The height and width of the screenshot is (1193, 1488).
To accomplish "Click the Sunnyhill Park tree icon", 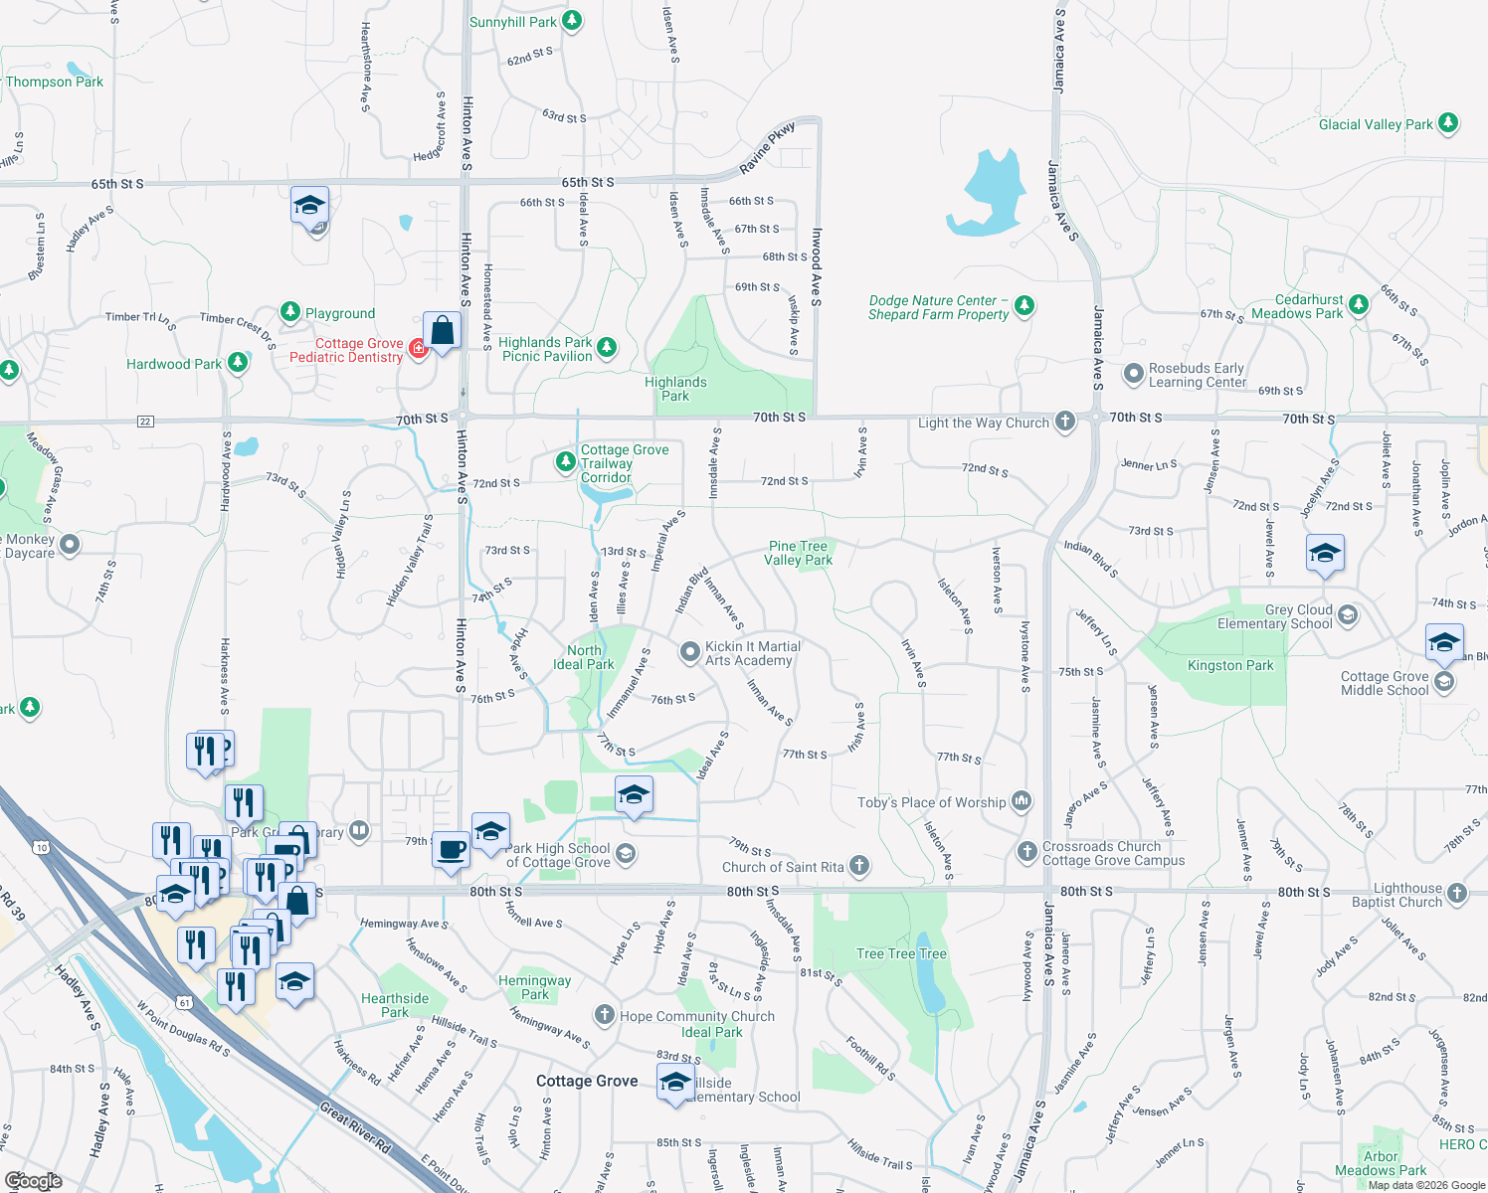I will coord(571,21).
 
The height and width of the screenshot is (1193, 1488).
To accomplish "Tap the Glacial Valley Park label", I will coord(1376,124).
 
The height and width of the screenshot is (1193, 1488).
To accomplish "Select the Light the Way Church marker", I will coord(1064,422).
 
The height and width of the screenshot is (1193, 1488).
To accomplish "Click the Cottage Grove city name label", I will coord(587,1081).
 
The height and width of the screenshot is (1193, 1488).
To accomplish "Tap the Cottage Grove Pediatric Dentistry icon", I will coord(419,348).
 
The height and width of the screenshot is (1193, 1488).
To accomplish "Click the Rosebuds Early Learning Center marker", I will coord(1133,374).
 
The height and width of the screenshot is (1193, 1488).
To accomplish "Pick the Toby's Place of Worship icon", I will coord(1021,800).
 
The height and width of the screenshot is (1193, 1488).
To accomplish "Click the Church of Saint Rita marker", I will coord(859,866).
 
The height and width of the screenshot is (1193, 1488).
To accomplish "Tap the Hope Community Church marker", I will coord(604,1015).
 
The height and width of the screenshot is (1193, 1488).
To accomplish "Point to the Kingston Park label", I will coord(1230,665).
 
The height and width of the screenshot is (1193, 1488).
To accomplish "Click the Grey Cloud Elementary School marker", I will coord(1348,615).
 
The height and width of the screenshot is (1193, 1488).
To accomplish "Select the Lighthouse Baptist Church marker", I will coord(1457,893).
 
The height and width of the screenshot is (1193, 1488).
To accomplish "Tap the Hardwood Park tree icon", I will coord(237,362).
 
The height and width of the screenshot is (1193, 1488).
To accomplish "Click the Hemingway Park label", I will coord(535,987).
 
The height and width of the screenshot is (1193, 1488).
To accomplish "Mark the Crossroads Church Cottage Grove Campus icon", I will coord(1027,852).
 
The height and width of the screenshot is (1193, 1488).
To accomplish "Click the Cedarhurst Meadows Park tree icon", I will coord(1359,304).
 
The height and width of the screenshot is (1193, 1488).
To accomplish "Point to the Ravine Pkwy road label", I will coord(768,149).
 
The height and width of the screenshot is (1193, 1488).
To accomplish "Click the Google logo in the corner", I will coord(33,1180).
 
